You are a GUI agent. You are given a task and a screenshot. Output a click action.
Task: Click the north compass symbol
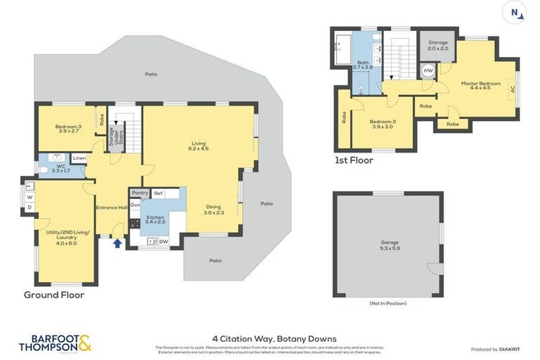pyautogui.click(x=515, y=12)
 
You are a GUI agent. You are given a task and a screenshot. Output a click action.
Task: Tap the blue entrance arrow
pyautogui.click(x=117, y=243)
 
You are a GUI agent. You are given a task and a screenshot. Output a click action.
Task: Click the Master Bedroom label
pyautogui.click(x=480, y=84)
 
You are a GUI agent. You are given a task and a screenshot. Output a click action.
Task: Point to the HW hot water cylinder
pyautogui.click(x=427, y=71)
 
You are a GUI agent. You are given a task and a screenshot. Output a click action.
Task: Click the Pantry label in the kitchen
pyautogui.click(x=139, y=193)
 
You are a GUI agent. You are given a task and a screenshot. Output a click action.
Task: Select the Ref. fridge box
pyautogui.click(x=159, y=193)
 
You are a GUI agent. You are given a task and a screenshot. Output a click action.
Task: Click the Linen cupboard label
pyautogui.click(x=79, y=158)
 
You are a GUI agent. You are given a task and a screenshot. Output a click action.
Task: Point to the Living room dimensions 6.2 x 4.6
pyautogui.click(x=198, y=149)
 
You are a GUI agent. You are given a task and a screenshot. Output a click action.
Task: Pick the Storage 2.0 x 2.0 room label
pyautogui.click(x=437, y=45)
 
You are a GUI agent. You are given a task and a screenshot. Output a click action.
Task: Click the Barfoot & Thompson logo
pyautogui.click(x=55, y=343)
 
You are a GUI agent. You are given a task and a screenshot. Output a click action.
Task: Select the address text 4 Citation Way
pyautogui.click(x=274, y=338)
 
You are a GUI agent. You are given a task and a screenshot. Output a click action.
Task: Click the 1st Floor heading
pyautogui.click(x=354, y=160)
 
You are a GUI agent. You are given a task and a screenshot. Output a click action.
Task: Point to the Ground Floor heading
pyautogui.click(x=54, y=295)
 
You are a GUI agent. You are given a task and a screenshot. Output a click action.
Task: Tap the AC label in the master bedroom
pyautogui.click(x=513, y=89)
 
